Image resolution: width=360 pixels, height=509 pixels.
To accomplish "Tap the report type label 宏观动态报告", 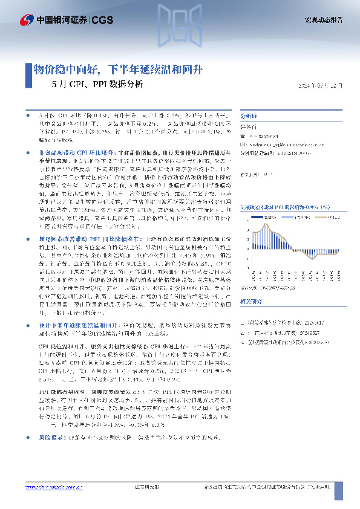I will tap(323, 19).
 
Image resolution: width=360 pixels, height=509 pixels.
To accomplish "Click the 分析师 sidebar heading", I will tap(249, 115).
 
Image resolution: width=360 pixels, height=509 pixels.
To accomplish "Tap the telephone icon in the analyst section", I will tap(243, 137).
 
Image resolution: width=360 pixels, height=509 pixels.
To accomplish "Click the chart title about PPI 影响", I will tap(284, 207).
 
